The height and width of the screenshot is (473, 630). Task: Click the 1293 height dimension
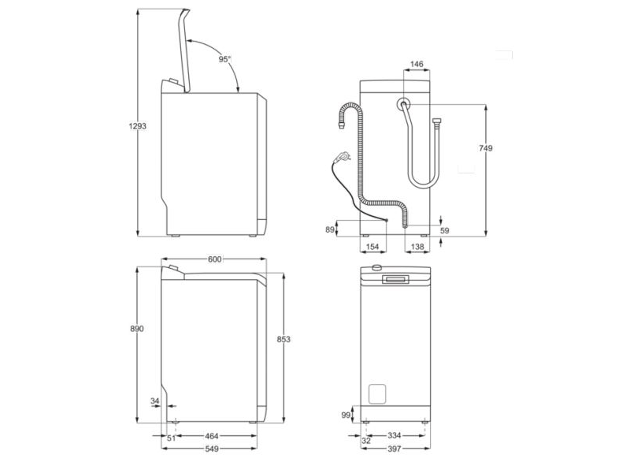(136, 126)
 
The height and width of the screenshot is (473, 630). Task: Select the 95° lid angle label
(225, 59)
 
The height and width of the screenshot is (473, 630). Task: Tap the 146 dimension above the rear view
(417, 64)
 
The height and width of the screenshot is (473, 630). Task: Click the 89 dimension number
(330, 229)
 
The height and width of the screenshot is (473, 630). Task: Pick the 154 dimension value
(374, 248)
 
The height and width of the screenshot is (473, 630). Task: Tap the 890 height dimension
(136, 329)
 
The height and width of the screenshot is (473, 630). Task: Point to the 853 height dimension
(284, 339)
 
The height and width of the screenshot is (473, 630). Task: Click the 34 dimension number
(155, 401)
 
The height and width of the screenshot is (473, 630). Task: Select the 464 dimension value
(213, 436)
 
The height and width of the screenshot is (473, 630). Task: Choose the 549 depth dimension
(213, 449)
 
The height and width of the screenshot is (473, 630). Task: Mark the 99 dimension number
(346, 415)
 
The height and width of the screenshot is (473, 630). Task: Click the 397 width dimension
(396, 449)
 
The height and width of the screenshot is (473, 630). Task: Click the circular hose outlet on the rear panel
(403, 104)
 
